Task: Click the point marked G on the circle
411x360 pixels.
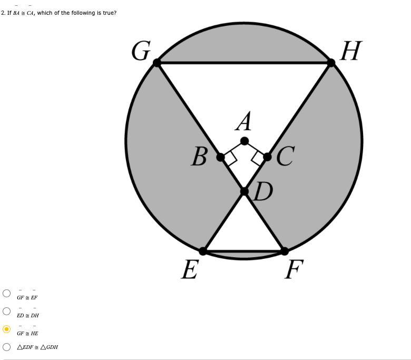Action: pyautogui.click(x=157, y=63)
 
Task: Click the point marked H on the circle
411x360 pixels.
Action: pyautogui.click(x=331, y=63)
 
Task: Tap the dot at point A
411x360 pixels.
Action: pyautogui.click(x=244, y=141)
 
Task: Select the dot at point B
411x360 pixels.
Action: pyautogui.click(x=221, y=157)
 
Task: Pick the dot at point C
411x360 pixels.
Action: pyautogui.click(x=267, y=157)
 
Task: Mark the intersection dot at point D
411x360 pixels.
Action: pyautogui.click(x=244, y=191)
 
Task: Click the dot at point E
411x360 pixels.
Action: pyautogui.click(x=203, y=251)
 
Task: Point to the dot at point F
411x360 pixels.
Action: pyautogui.click(x=285, y=251)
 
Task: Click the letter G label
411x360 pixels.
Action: pyautogui.click(x=141, y=52)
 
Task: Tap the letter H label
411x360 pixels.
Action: pyautogui.click(x=351, y=52)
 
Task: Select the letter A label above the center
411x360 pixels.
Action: pyautogui.click(x=244, y=122)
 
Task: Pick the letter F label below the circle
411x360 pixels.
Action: pyautogui.click(x=294, y=270)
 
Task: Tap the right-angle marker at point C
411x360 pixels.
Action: pyautogui.click(x=258, y=158)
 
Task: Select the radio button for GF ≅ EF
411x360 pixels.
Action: pyautogui.click(x=6, y=293)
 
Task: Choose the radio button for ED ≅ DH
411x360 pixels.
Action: pyautogui.click(x=6, y=311)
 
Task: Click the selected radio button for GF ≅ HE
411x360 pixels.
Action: pyautogui.click(x=6, y=329)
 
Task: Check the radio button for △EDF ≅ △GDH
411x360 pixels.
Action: pyautogui.click(x=6, y=347)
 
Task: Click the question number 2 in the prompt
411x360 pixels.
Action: pyautogui.click(x=3, y=13)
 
